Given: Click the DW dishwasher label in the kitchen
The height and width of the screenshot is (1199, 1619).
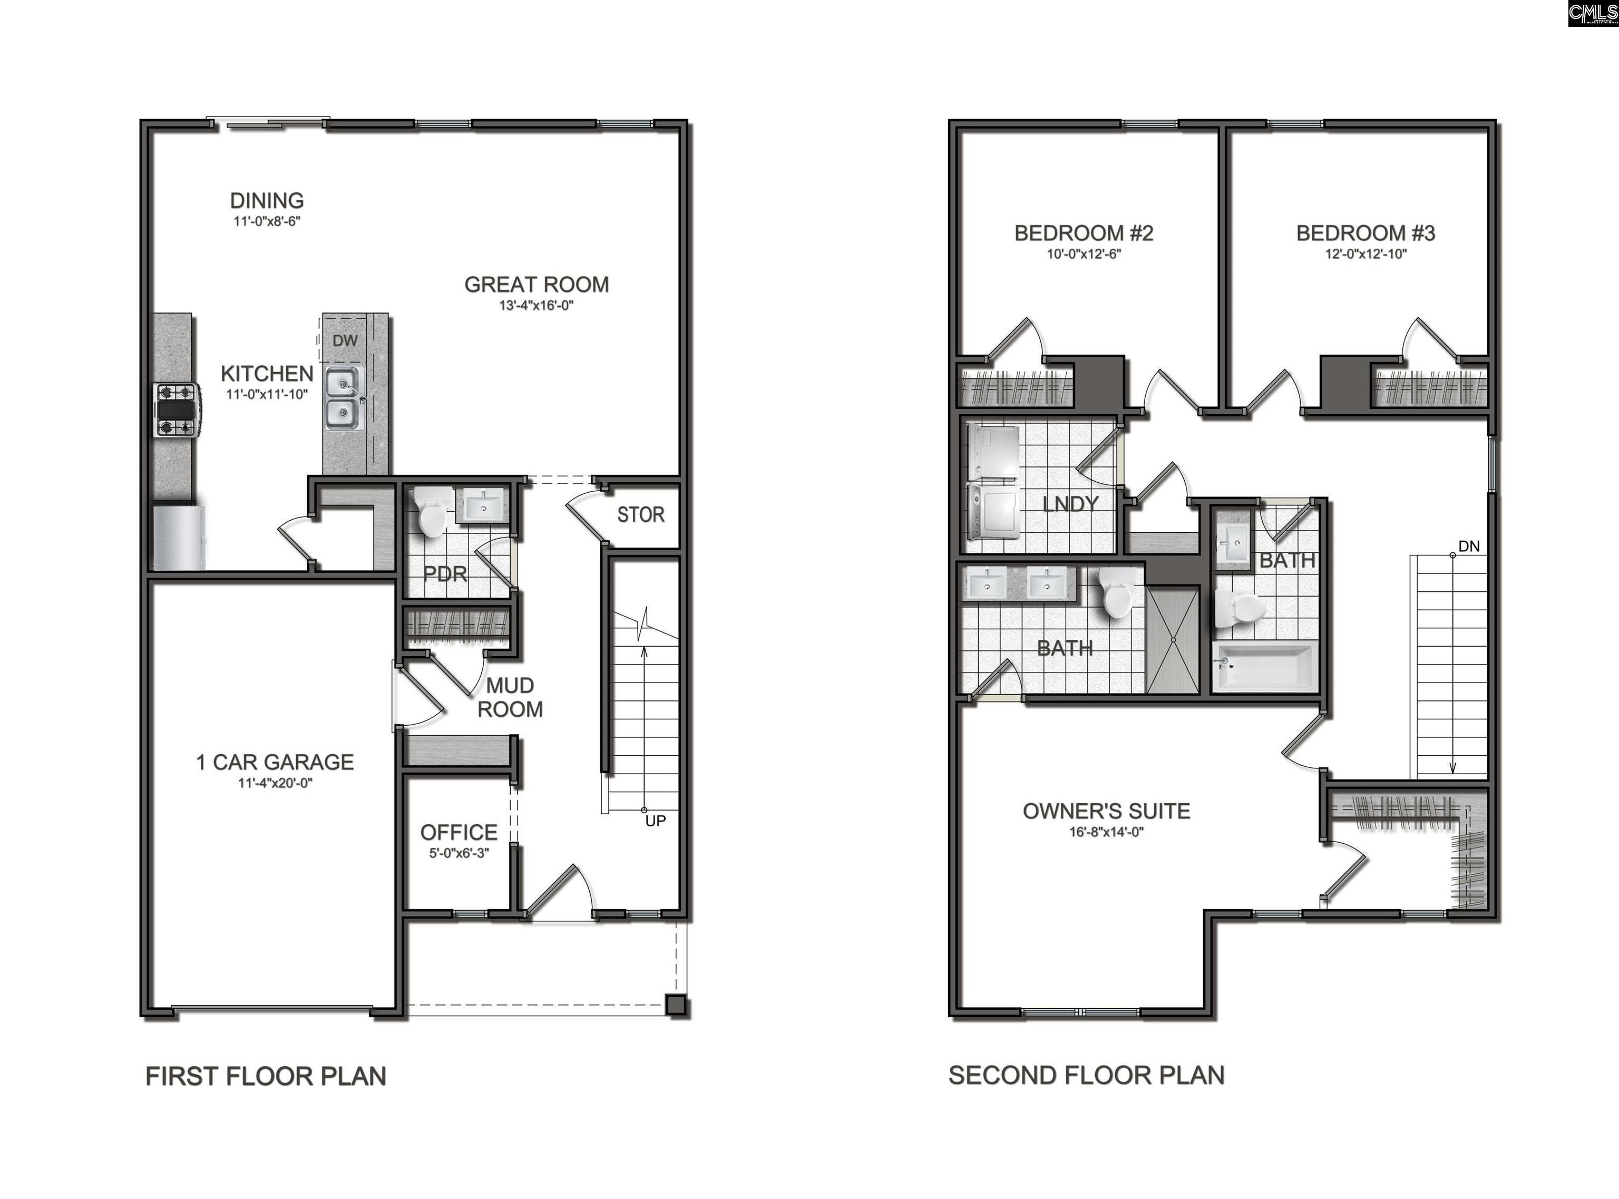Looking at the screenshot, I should pyautogui.click(x=345, y=340).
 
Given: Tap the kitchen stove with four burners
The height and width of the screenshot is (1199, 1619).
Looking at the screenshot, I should pyautogui.click(x=177, y=410).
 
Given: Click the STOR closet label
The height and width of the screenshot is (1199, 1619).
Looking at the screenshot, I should pyautogui.click(x=641, y=514).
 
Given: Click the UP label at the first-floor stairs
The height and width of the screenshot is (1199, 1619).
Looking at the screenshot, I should pyautogui.click(x=655, y=821).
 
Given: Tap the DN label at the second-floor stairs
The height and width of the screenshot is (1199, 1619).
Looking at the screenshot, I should pyautogui.click(x=1469, y=546).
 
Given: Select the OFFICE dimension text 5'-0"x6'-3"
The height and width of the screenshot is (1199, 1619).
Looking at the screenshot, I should pyautogui.click(x=459, y=853).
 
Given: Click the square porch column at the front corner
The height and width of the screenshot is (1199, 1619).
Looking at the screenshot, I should pyautogui.click(x=676, y=1005).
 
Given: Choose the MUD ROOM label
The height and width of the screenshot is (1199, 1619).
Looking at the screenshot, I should pyautogui.click(x=510, y=697).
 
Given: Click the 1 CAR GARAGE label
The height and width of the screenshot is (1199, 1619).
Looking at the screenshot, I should pyautogui.click(x=275, y=762).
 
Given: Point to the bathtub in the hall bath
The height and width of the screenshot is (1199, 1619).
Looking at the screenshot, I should pyautogui.click(x=1265, y=666).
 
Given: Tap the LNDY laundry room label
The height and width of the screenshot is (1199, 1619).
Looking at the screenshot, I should pyautogui.click(x=1070, y=504).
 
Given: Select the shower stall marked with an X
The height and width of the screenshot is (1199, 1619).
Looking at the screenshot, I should pyautogui.click(x=1173, y=639).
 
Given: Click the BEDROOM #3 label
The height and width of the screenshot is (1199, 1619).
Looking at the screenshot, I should pyautogui.click(x=1365, y=233).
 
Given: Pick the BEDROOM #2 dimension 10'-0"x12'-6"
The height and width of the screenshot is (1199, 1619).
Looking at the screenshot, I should pyautogui.click(x=1084, y=254).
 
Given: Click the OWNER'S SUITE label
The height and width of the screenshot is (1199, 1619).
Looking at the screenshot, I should pyautogui.click(x=1106, y=811).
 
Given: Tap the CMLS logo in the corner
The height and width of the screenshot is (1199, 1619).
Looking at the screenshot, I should pyautogui.click(x=1593, y=14).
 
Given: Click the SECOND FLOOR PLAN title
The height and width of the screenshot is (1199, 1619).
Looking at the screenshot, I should pyautogui.click(x=1086, y=1075).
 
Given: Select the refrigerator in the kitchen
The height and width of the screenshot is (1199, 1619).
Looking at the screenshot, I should pyautogui.click(x=179, y=537).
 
